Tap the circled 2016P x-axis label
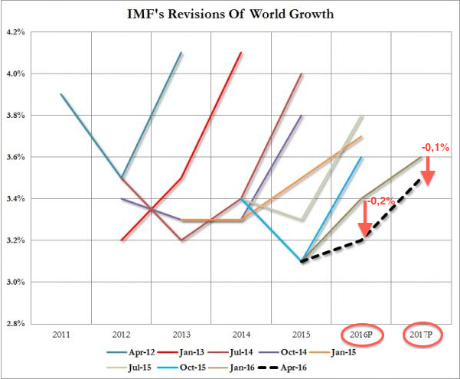[359, 335]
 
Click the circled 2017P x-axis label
[419, 335]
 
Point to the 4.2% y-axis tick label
[16, 32]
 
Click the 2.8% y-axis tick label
[16, 324]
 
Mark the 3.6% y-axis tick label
[16, 157]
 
